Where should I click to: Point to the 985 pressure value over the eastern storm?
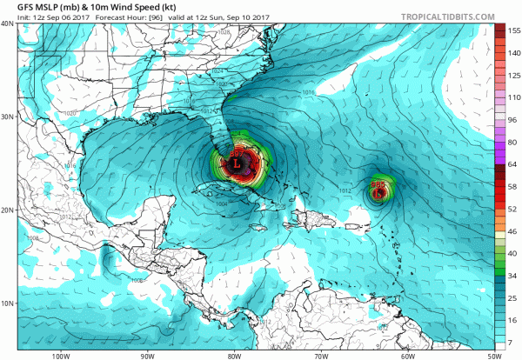[x=378, y=184]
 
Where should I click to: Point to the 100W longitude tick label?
[x=60, y=355]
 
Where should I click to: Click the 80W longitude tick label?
[x=234, y=355]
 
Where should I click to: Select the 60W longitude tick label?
[x=407, y=355]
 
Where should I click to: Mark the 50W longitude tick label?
[x=493, y=355]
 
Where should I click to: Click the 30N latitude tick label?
[x=7, y=117]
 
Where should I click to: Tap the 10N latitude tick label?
[x=7, y=303]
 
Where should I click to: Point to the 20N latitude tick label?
[x=7, y=210]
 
